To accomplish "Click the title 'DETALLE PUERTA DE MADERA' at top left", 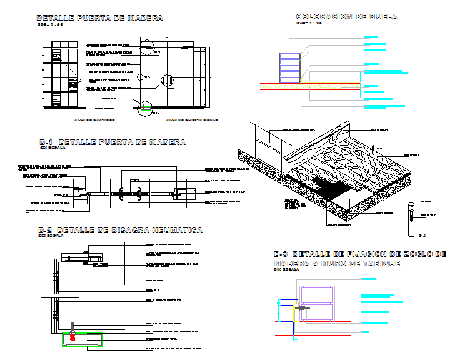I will point(99,18).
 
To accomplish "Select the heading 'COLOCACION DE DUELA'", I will point(346,17).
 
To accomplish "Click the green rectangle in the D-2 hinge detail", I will point(83,339).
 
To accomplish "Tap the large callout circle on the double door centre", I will point(166,80).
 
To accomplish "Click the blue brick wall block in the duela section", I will point(289,67).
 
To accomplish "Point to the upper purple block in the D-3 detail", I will point(317,295).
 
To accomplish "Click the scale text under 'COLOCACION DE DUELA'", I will point(308,24).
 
